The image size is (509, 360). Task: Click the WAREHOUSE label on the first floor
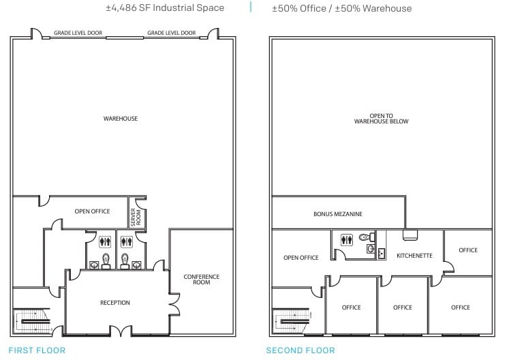[121, 119]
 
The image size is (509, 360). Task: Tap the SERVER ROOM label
[134, 217]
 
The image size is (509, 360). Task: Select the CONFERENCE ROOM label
[202, 279]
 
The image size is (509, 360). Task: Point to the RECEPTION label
[114, 303]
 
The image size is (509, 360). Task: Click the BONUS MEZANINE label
[338, 214]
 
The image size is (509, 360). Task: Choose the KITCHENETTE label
[414, 256]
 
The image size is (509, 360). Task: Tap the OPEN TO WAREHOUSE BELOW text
[381, 119]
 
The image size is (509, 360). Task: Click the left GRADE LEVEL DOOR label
[78, 33]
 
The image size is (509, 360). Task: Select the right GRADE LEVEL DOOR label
[171, 33]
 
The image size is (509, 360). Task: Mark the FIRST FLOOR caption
[37, 350]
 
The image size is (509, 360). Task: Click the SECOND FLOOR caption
[300, 350]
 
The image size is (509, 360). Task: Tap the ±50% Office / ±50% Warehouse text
[341, 8]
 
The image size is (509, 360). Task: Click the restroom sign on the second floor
[348, 239]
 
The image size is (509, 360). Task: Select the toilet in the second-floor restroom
[368, 238]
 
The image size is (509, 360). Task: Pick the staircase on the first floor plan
[33, 320]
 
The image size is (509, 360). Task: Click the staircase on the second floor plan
[292, 320]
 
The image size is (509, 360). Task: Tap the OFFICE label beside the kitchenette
[468, 250]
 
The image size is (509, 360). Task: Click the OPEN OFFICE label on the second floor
[300, 258]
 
